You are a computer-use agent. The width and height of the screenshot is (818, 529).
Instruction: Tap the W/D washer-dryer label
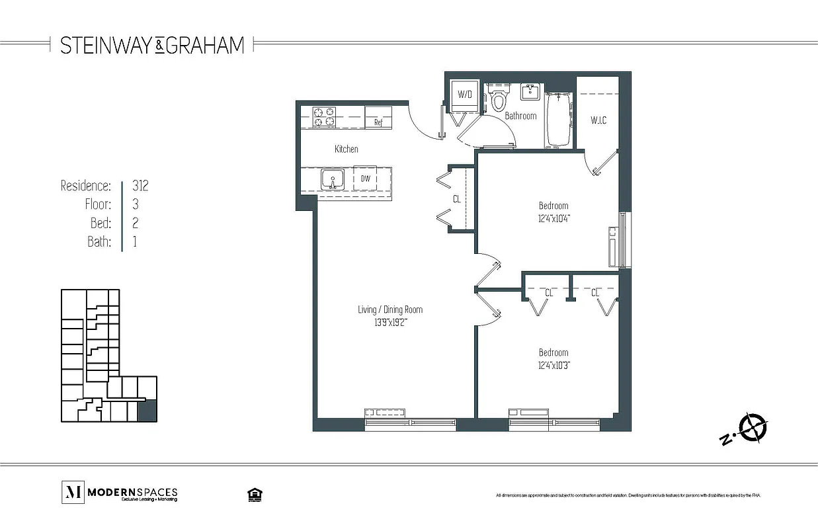tap(465, 95)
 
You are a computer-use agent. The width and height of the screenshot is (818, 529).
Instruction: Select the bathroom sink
tap(530, 92)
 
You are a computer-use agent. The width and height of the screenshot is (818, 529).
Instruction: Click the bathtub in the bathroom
tap(559, 119)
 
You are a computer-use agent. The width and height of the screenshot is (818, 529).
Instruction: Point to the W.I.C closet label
tap(598, 120)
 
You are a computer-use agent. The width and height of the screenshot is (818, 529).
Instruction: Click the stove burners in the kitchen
tap(324, 117)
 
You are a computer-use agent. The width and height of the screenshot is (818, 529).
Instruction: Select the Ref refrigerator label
tap(378, 122)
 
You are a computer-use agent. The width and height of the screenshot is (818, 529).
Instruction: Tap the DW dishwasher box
tap(364, 179)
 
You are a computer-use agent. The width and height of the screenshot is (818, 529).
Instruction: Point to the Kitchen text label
tap(346, 149)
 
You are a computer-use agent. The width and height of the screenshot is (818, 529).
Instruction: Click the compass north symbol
tap(753, 427)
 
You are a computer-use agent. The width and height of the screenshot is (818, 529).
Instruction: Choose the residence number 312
tap(140, 186)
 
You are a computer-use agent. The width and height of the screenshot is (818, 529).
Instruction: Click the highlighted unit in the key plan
tap(147, 411)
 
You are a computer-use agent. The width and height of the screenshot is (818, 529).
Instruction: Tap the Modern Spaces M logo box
tap(71, 491)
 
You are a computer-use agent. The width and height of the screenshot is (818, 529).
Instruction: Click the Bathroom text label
tap(520, 116)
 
